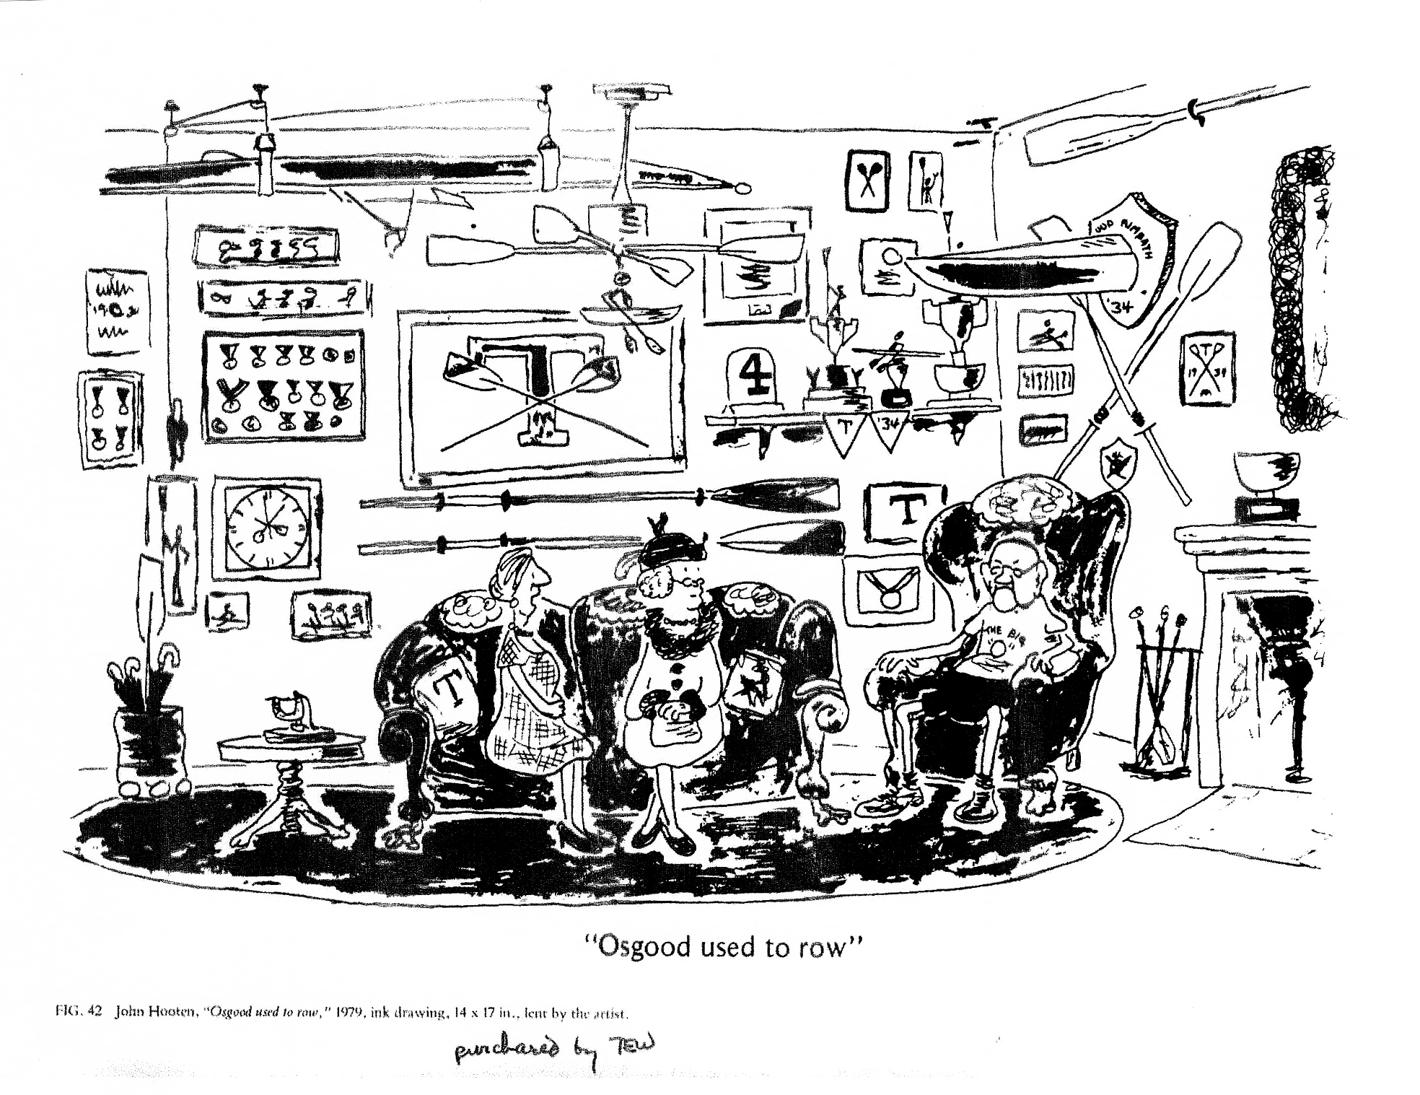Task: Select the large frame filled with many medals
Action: click(x=284, y=385)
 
